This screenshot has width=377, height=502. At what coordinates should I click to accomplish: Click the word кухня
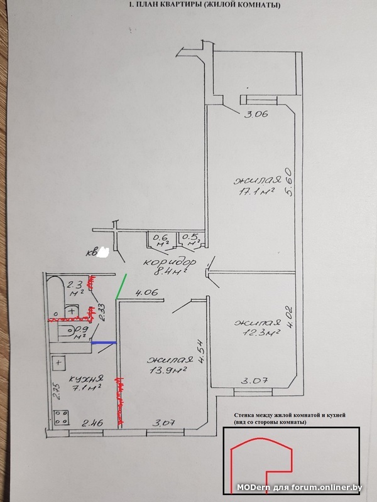tap(86, 380)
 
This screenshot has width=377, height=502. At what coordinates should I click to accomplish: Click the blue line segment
tap(104, 343)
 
